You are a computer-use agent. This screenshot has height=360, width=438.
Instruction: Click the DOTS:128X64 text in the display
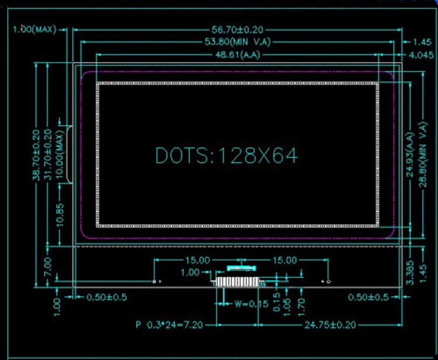[x=226, y=155]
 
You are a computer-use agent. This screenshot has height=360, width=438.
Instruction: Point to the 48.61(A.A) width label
[x=237, y=55]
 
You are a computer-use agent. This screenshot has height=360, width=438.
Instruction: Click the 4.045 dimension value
[x=420, y=55]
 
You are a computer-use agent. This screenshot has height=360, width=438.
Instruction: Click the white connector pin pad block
[x=237, y=282]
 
